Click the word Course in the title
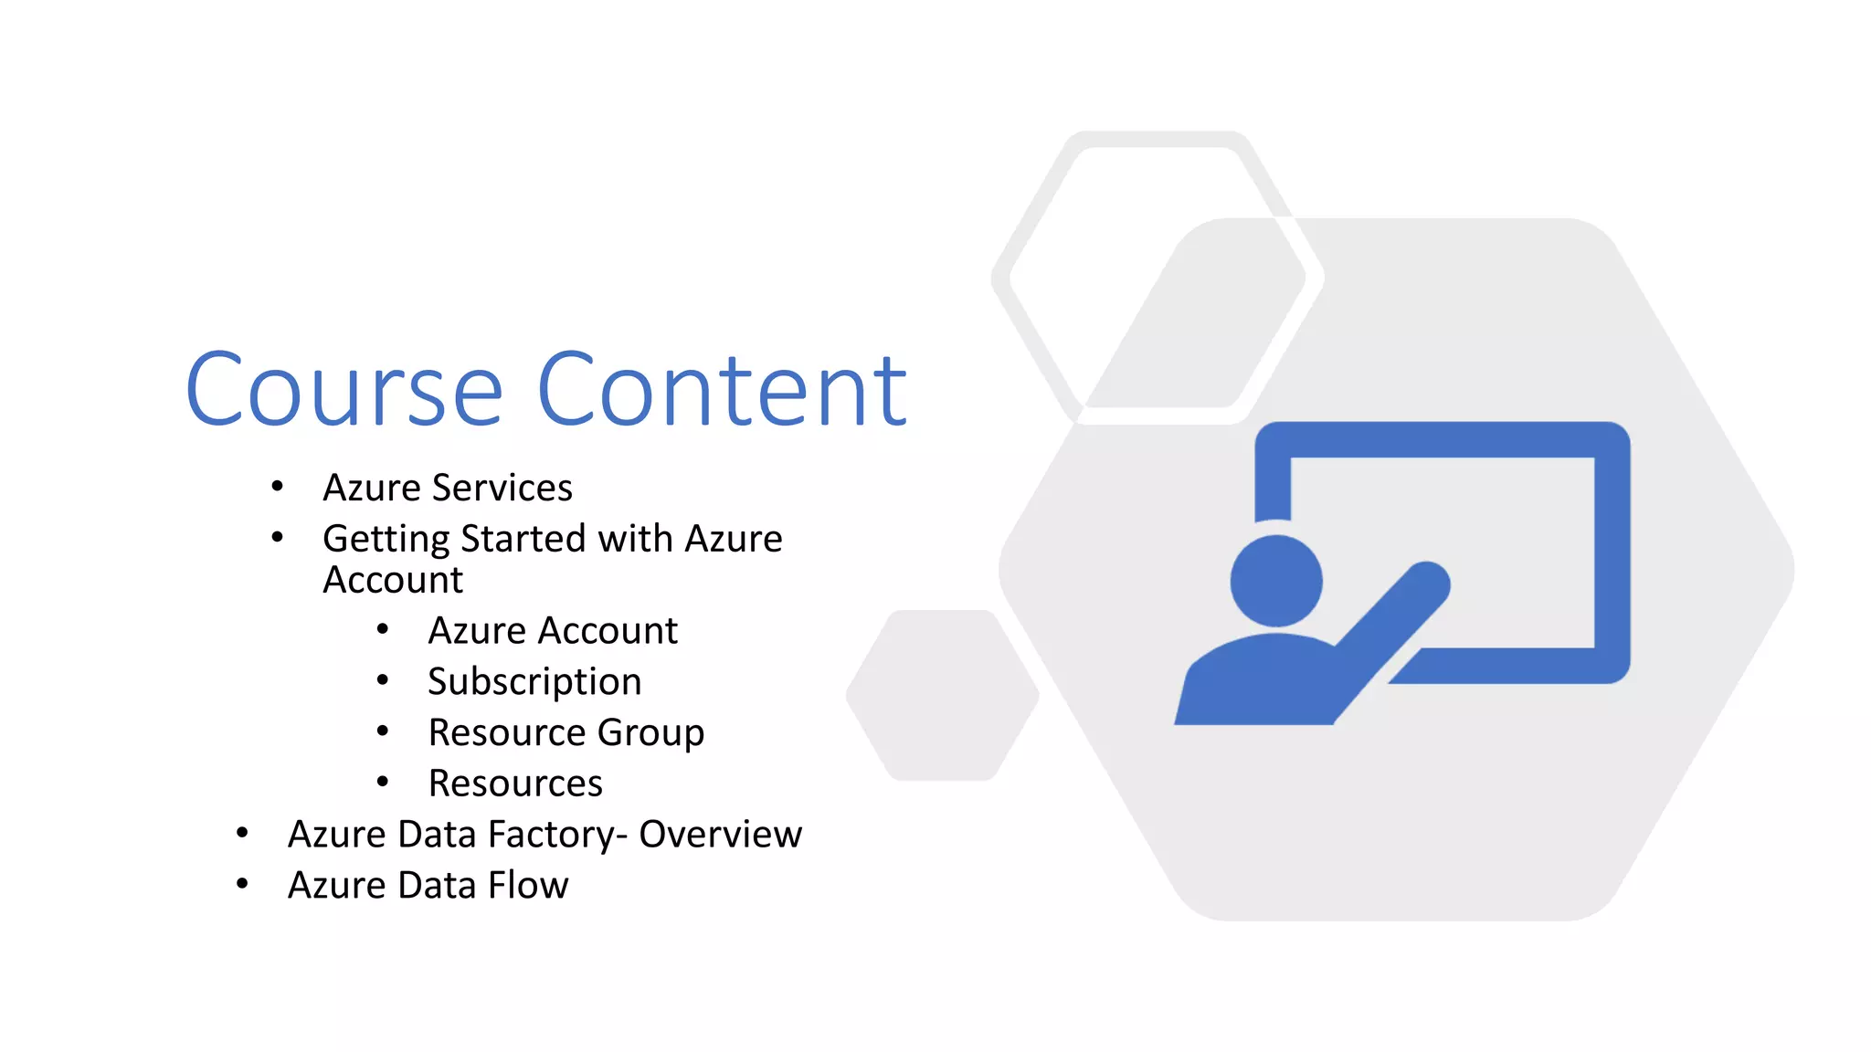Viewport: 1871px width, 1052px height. [344, 391]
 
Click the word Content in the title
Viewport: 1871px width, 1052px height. [722, 391]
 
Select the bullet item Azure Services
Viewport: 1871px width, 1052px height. [448, 488]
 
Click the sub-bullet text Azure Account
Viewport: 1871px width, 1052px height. [553, 631]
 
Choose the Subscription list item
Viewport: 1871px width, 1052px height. [534, 682]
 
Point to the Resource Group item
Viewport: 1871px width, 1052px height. [566, 733]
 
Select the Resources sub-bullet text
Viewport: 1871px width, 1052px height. [515, 784]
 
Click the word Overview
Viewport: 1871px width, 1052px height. [720, 835]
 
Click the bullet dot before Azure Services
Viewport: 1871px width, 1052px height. [277, 486]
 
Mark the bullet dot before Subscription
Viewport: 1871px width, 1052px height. [383, 679]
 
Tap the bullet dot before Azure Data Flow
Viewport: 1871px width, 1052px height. [242, 883]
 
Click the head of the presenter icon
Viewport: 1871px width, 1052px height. [1276, 581]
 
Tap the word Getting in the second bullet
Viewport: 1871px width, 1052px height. [386, 540]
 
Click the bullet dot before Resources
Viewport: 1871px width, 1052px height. [383, 781]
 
